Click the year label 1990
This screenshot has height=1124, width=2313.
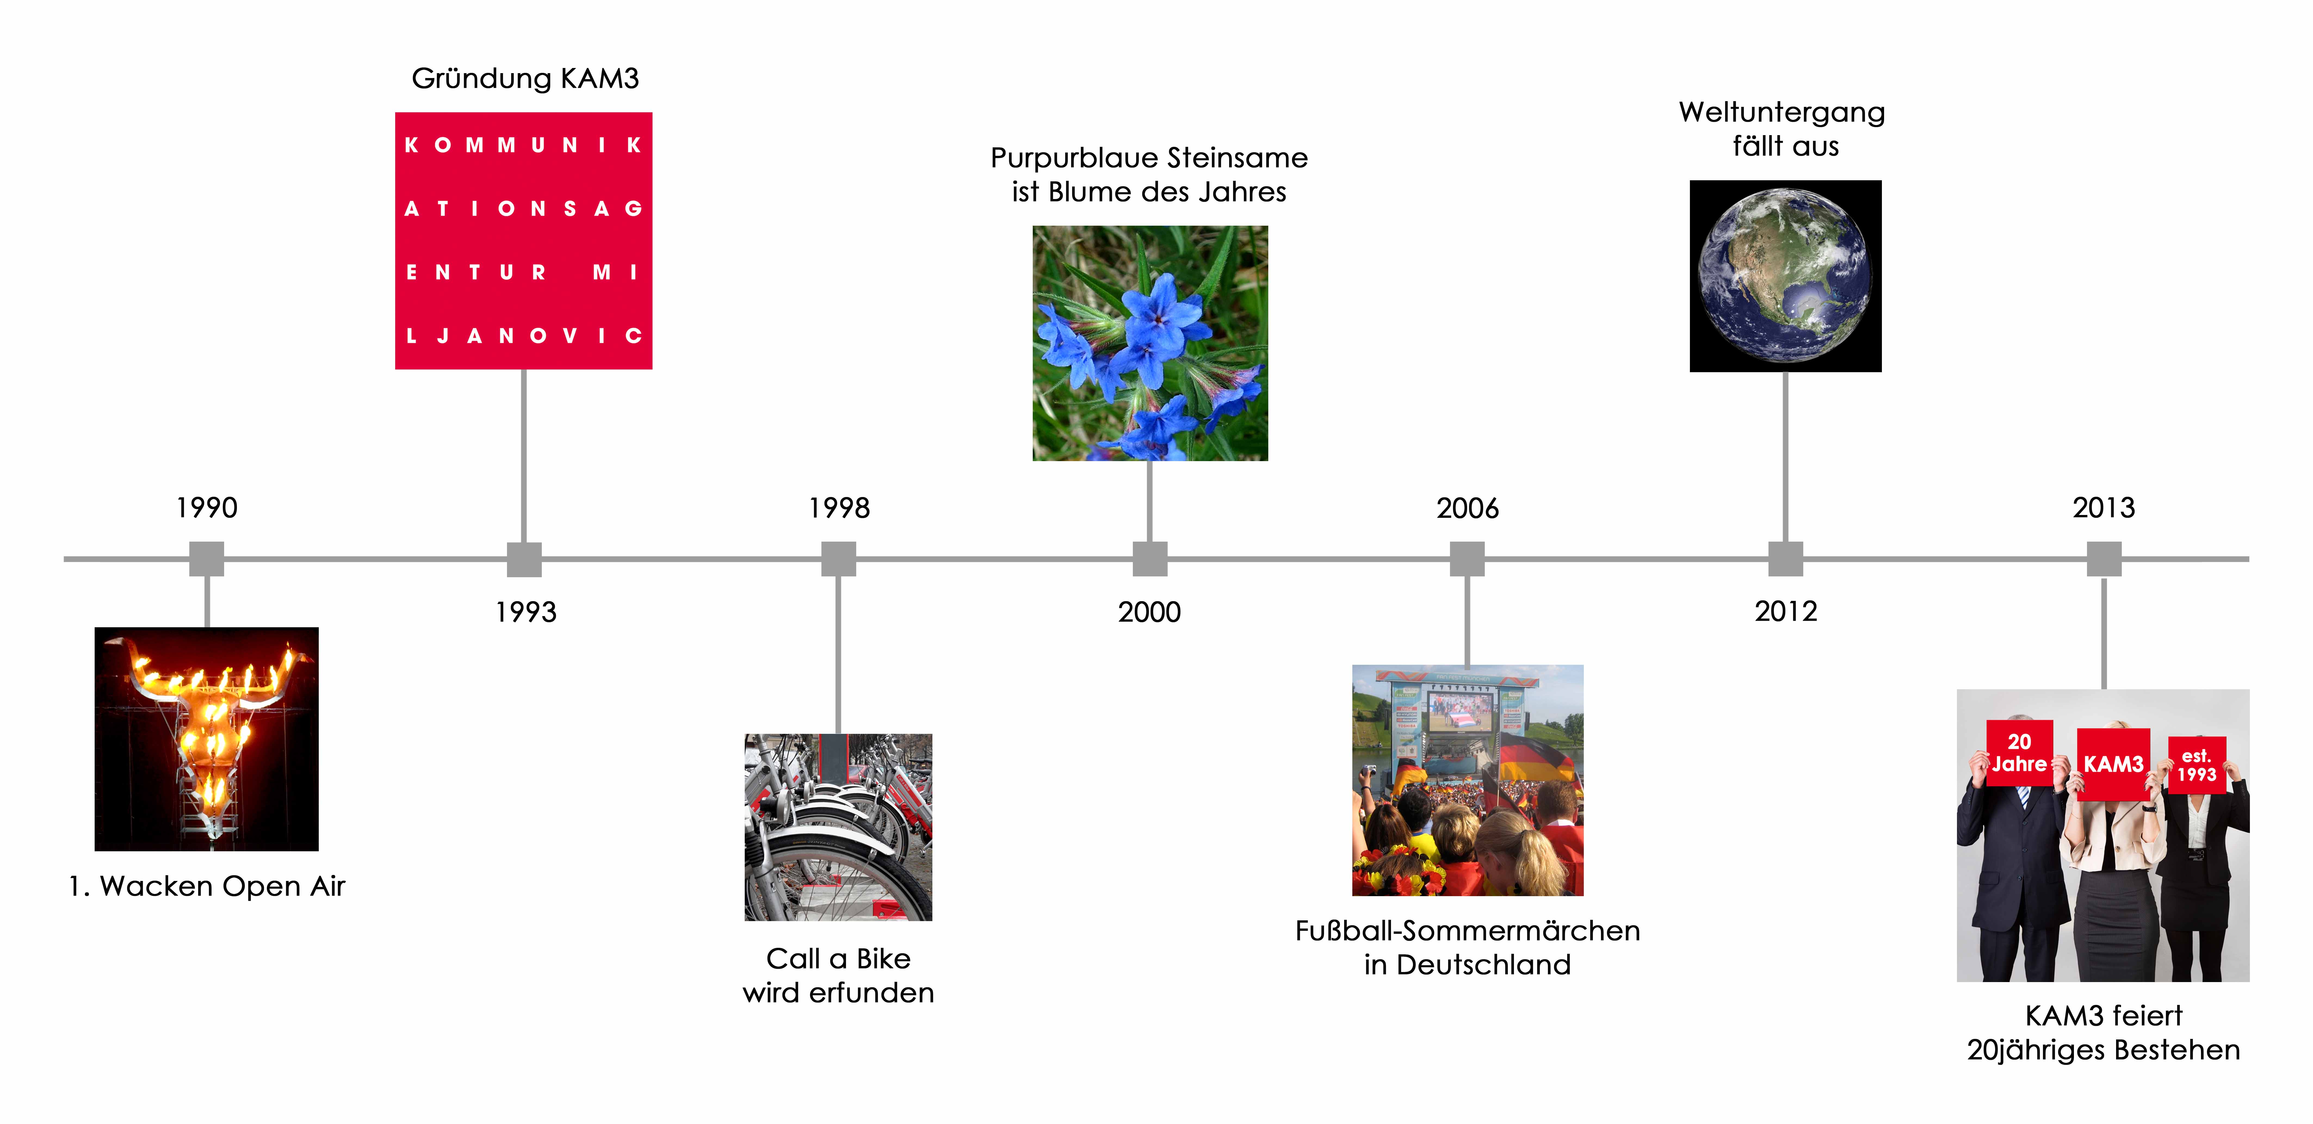pyautogui.click(x=206, y=508)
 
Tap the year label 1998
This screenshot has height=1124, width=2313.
pyautogui.click(x=839, y=508)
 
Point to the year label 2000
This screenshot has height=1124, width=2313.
pyautogui.click(x=1149, y=612)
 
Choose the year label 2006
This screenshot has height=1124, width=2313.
pyautogui.click(x=1467, y=508)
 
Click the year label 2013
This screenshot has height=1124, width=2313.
pyautogui.click(x=2104, y=508)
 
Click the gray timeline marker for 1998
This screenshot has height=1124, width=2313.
pyautogui.click(x=839, y=559)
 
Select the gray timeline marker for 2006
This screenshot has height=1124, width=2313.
pyautogui.click(x=1467, y=559)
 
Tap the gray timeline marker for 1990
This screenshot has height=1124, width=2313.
pyautogui.click(x=206, y=559)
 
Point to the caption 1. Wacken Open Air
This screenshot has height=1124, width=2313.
pyautogui.click(x=206, y=886)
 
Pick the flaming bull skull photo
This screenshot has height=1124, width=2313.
pyautogui.click(x=206, y=739)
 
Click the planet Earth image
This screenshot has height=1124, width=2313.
pyautogui.click(x=1785, y=277)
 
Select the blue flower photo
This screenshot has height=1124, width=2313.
pyautogui.click(x=1150, y=343)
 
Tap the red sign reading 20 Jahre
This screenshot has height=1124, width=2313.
pyautogui.click(x=2019, y=753)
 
